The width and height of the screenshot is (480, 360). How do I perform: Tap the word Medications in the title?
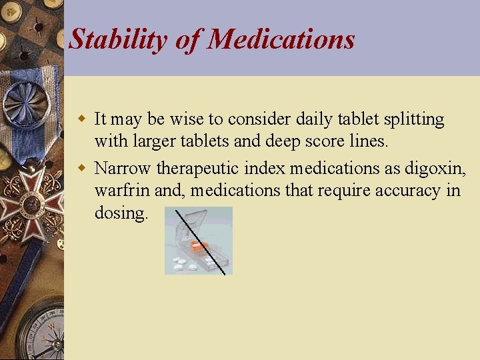pos(281,39)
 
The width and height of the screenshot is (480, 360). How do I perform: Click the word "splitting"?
pos(414,120)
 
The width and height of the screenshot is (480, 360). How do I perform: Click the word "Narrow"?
pos(123,167)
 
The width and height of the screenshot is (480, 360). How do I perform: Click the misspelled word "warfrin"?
pos(122,191)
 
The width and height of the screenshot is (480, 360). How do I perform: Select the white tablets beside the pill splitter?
pos(184,264)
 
